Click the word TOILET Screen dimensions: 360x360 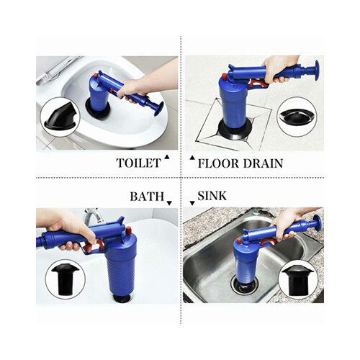click(138, 163)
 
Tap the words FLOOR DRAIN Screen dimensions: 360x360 click(240, 163)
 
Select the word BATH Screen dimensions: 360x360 click(146, 196)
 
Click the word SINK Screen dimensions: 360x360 click(214, 196)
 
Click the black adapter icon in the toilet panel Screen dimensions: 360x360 click(60, 117)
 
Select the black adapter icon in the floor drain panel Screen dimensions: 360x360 click(297, 116)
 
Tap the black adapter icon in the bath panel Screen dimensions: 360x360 click(65, 280)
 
